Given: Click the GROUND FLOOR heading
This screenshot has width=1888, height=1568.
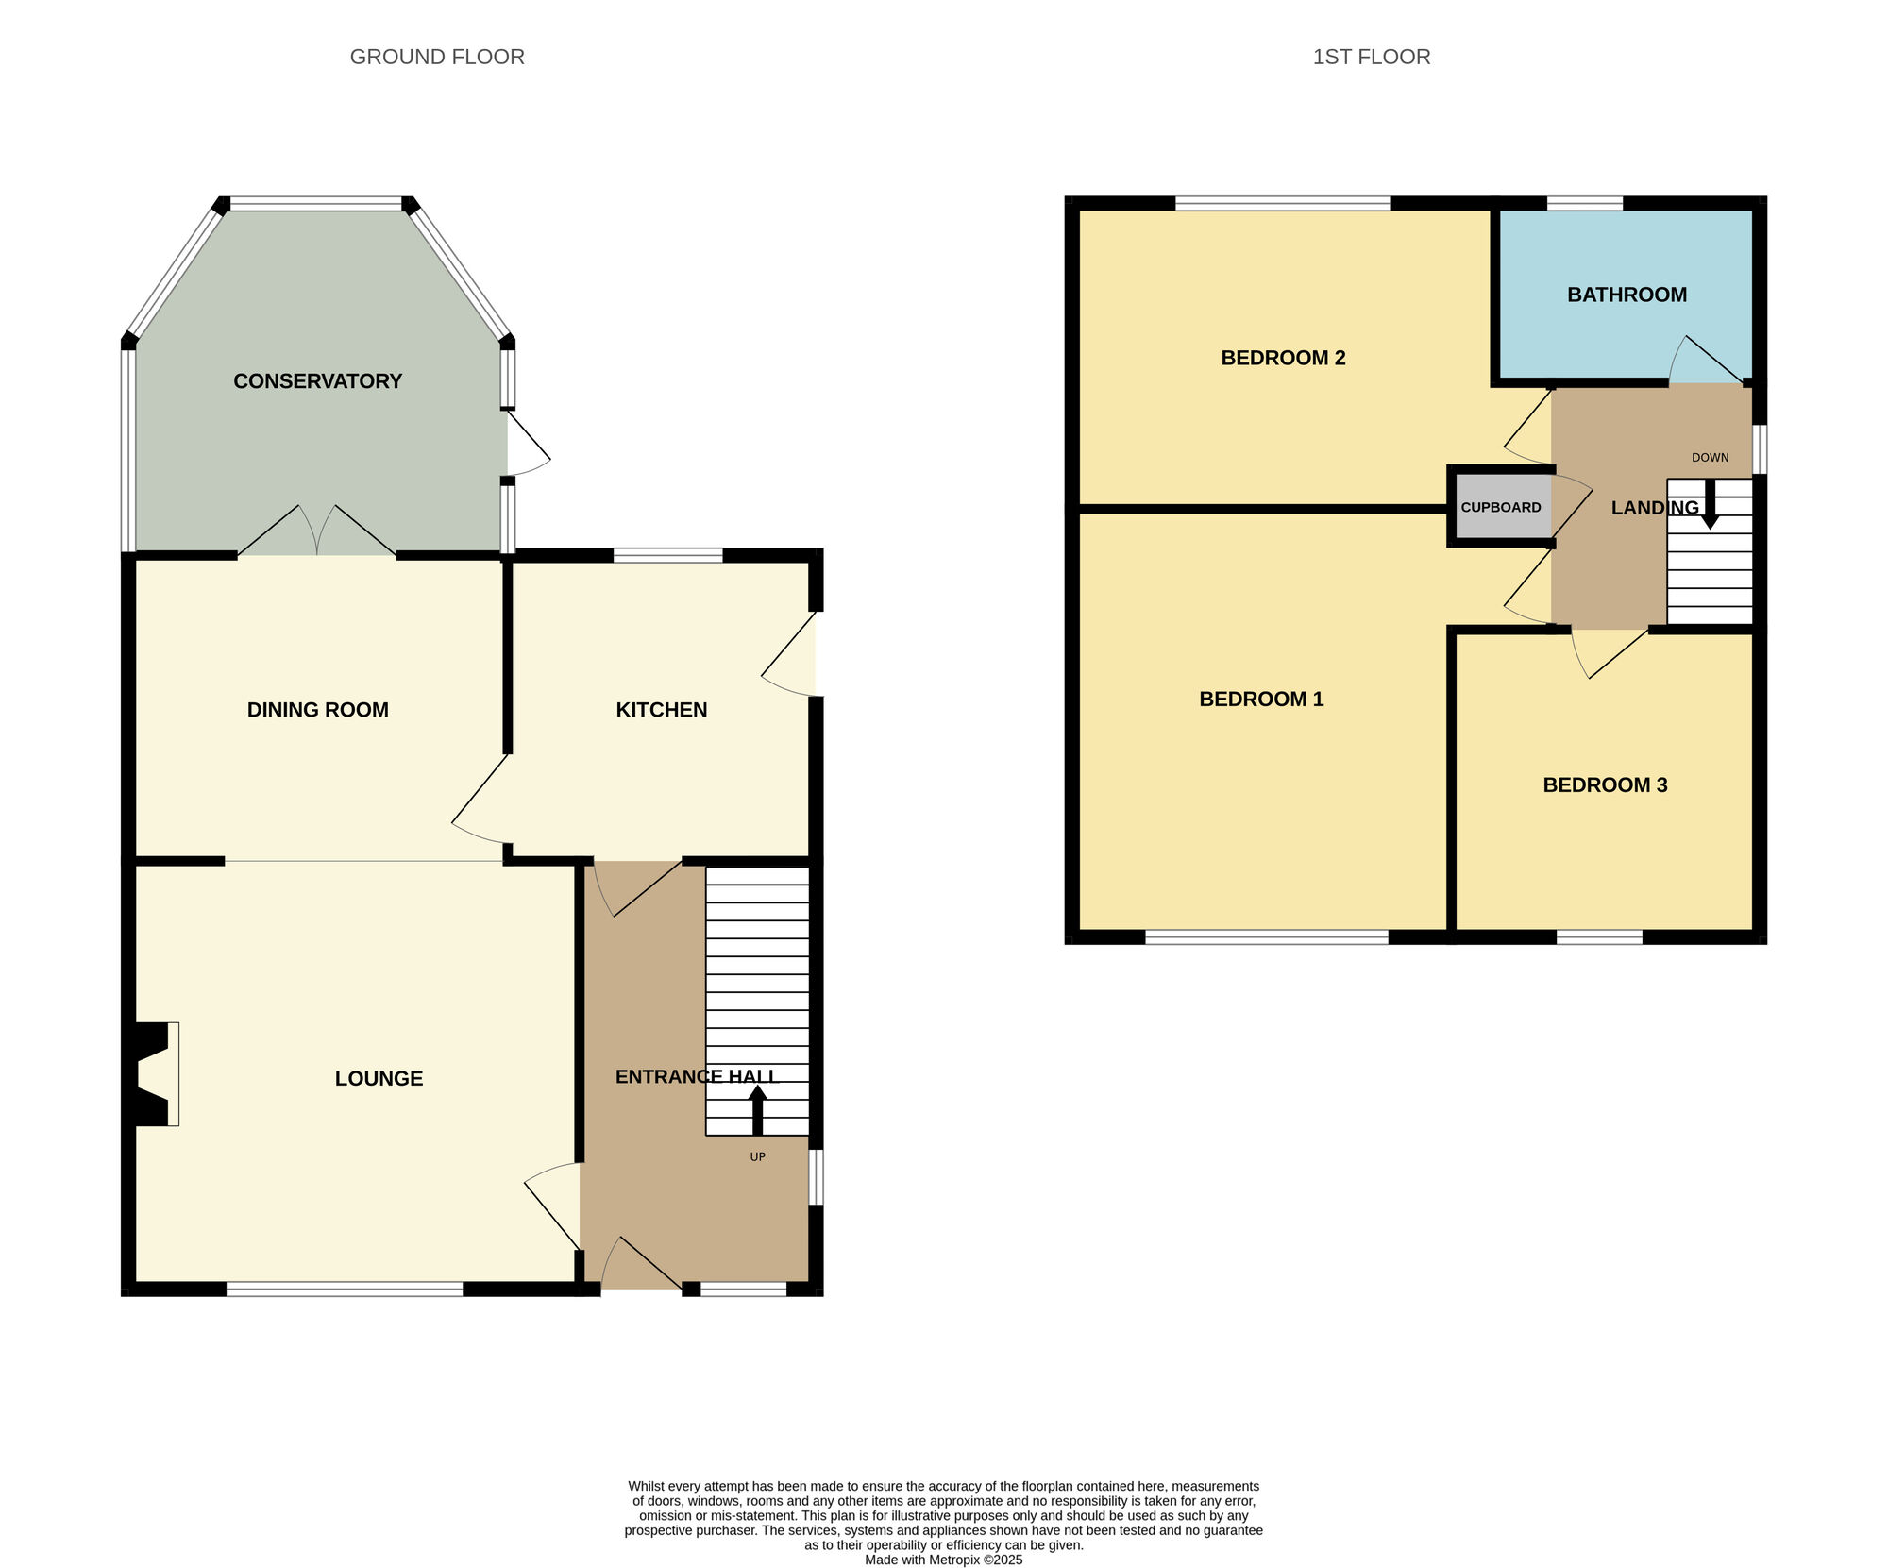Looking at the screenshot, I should click(437, 57).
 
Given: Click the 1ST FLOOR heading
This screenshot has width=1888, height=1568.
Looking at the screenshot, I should click(1371, 57).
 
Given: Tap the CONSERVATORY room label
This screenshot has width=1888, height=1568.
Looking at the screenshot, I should click(317, 381).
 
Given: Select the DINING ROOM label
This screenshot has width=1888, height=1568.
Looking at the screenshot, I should click(317, 710).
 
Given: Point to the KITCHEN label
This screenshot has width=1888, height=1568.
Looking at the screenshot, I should click(661, 710).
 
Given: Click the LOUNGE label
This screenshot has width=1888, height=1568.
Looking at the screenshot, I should click(379, 1078).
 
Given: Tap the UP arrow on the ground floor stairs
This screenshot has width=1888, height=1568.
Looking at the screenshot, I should click(757, 1109).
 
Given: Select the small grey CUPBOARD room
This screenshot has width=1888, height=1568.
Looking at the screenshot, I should click(1501, 507).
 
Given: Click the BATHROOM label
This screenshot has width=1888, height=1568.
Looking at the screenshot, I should click(1627, 295).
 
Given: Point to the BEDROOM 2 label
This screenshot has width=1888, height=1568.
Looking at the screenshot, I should click(1283, 358).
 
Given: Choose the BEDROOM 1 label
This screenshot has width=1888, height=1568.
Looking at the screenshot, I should click(1261, 700).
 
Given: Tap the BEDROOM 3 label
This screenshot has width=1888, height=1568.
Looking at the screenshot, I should click(1605, 785).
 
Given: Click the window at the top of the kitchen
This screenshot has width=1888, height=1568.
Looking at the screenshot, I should click(667, 555).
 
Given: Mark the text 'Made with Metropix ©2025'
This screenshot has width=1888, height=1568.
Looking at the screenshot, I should click(943, 1560).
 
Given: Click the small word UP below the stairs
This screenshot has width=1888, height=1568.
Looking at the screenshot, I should click(757, 1157).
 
